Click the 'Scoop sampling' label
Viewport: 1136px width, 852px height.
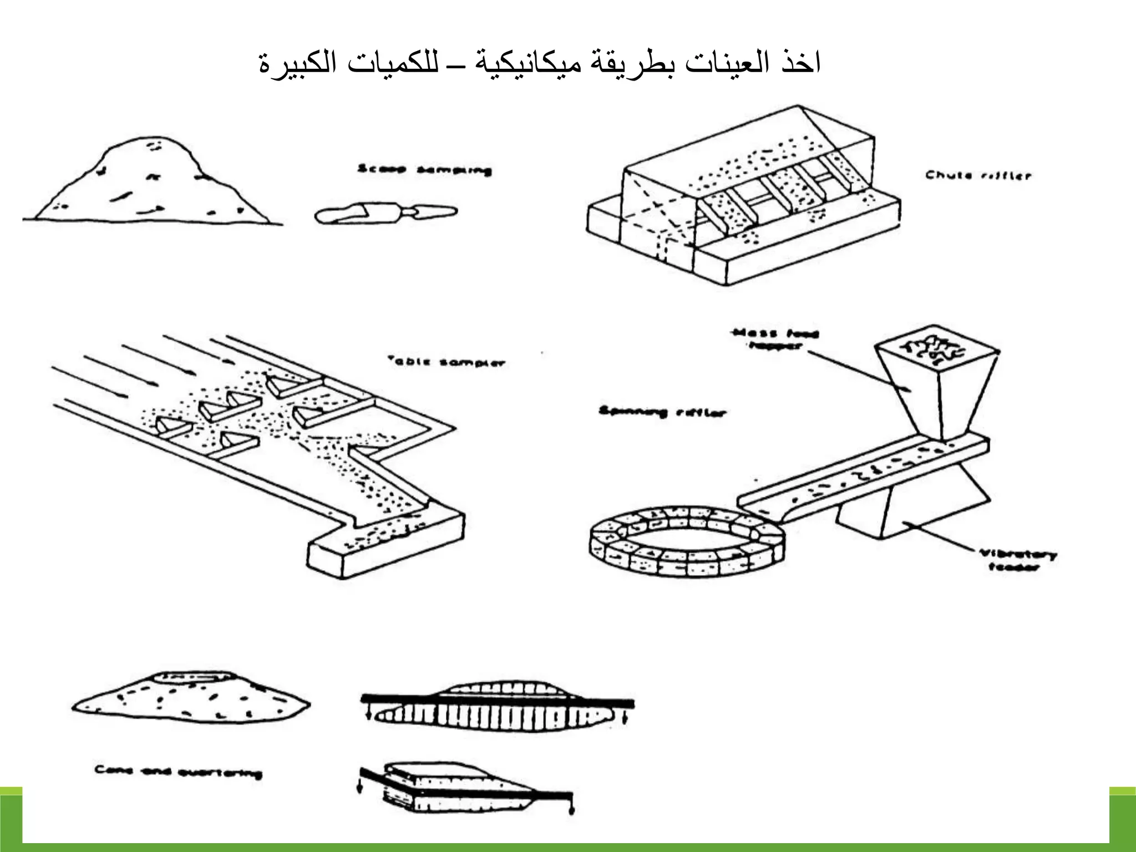pyautogui.click(x=424, y=170)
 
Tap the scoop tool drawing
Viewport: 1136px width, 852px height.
pyautogui.click(x=386, y=215)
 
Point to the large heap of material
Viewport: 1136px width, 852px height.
pyautogui.click(x=150, y=183)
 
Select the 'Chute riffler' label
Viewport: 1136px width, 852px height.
pyautogui.click(x=978, y=176)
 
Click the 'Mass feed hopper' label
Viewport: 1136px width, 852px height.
pyautogui.click(x=775, y=339)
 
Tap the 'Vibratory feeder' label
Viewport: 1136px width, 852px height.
pyautogui.click(x=1016, y=560)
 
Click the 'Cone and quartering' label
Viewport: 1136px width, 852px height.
pyautogui.click(x=178, y=772)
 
